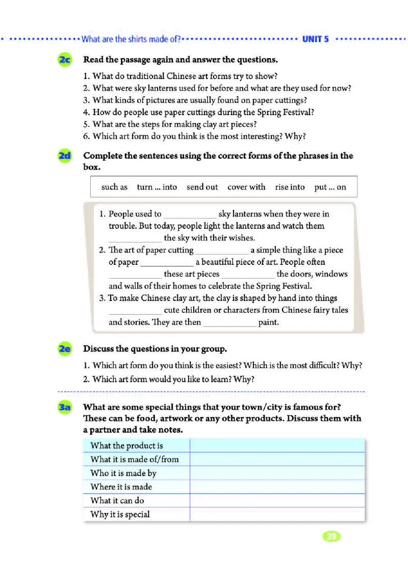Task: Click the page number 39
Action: point(331,536)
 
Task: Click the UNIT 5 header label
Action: point(316,39)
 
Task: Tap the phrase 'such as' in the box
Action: point(114,187)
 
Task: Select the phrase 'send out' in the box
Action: point(202,187)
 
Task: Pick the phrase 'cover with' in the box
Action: point(246,187)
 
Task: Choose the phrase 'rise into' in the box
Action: point(290,187)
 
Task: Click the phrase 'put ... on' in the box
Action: point(330,187)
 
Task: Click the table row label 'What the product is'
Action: point(126,446)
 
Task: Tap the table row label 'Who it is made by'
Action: point(123,473)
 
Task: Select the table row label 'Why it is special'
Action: point(120,514)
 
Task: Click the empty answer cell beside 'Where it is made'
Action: point(277,487)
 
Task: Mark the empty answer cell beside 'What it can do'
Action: point(277,501)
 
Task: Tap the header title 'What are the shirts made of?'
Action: point(132,39)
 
